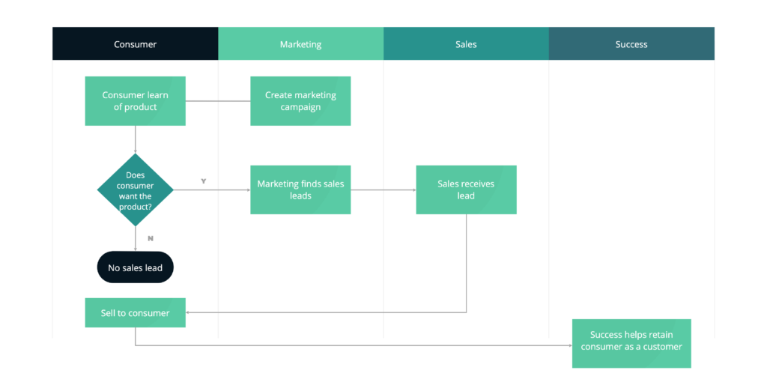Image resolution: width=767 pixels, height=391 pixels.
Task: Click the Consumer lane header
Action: pyautogui.click(x=135, y=44)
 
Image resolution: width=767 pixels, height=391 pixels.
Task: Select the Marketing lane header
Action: pyautogui.click(x=300, y=44)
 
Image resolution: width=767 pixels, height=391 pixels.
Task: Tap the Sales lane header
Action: pyautogui.click(x=466, y=44)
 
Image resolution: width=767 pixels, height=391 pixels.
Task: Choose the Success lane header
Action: pyautogui.click(x=631, y=44)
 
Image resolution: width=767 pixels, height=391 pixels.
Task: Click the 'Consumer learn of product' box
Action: pyautogui.click(x=135, y=101)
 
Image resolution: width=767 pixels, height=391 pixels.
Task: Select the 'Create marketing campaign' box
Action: pyautogui.click(x=300, y=101)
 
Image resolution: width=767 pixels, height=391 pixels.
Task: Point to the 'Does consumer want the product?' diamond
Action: pyautogui.click(x=135, y=190)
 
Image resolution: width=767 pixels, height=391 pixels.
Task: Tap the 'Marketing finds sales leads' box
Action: pyautogui.click(x=300, y=190)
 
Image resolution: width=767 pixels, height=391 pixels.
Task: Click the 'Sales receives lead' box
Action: pyautogui.click(x=466, y=190)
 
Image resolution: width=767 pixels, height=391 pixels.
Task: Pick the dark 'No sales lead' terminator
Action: pyautogui.click(x=135, y=267)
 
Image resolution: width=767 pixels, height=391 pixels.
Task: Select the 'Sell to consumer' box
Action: pyautogui.click(x=135, y=313)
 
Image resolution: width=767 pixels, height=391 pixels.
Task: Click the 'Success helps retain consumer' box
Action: pyautogui.click(x=631, y=343)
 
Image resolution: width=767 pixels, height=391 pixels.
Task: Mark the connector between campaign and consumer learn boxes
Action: pyautogui.click(x=218, y=101)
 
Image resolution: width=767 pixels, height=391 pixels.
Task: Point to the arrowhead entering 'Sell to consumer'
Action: pyautogui.click(x=190, y=313)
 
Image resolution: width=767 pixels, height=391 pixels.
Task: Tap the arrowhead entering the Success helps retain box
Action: pyautogui.click(x=568, y=346)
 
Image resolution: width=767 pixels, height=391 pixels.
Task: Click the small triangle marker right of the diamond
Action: pyautogui.click(x=203, y=181)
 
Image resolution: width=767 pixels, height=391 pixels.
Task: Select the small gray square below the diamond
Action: pyautogui.click(x=151, y=238)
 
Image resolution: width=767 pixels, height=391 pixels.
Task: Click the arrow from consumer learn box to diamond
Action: pyautogui.click(x=135, y=140)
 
